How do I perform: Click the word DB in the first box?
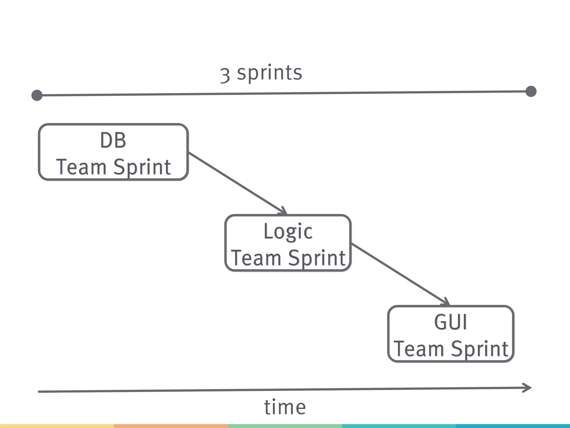(113, 140)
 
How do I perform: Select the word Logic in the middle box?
(288, 231)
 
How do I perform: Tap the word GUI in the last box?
(451, 322)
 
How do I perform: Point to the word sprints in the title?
(269, 73)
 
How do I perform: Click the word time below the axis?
(285, 407)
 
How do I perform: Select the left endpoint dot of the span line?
(37, 95)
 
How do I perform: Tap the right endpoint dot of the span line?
(531, 91)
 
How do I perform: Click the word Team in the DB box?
(81, 167)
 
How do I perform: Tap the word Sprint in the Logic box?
(317, 258)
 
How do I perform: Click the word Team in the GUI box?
(419, 349)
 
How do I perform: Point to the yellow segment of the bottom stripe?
(57, 426)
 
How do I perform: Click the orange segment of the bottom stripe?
(171, 426)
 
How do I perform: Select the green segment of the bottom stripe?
(285, 426)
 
